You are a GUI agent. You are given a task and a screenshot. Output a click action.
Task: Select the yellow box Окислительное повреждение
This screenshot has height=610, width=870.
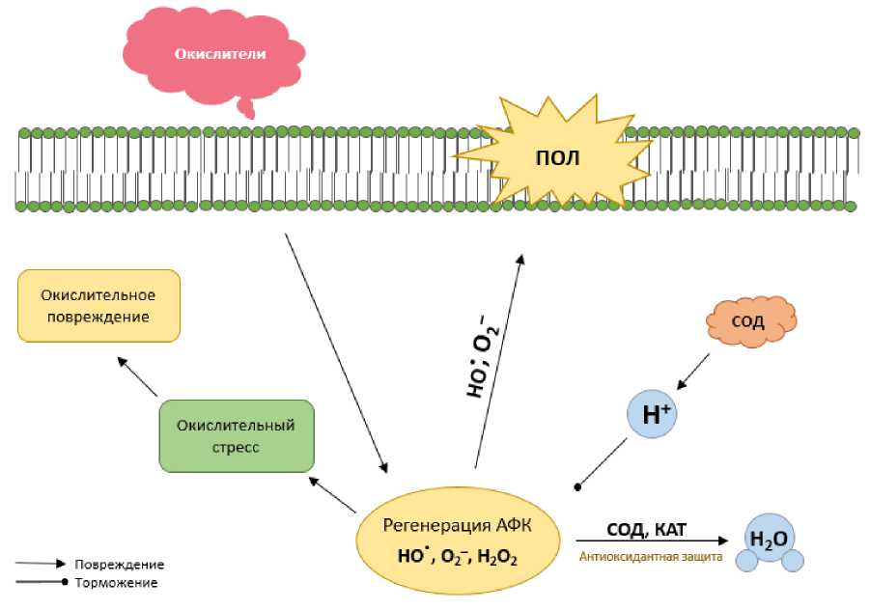click(99, 305)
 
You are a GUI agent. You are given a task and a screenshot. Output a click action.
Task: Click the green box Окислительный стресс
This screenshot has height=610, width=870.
click(237, 435)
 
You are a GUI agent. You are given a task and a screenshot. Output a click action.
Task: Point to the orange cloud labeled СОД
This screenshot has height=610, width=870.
click(751, 322)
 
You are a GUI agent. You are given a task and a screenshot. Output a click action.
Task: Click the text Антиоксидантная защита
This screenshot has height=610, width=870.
click(649, 557)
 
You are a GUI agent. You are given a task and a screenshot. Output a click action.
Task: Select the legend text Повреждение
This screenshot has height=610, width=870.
click(125, 564)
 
